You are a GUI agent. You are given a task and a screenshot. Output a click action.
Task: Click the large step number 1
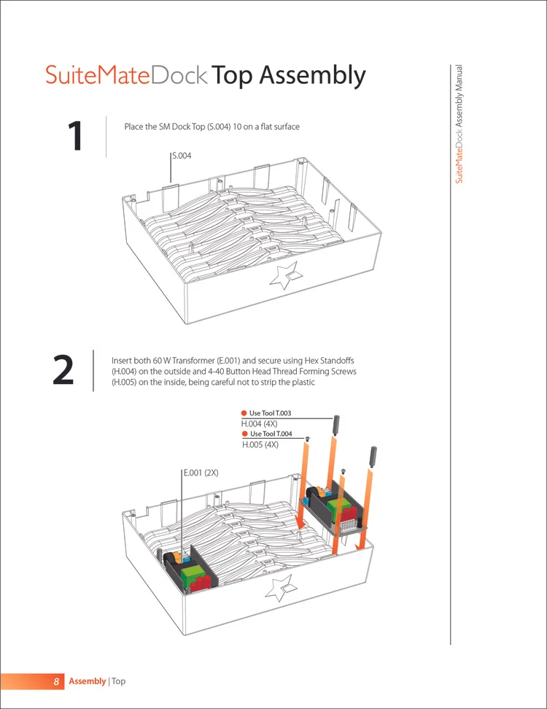coord(75,137)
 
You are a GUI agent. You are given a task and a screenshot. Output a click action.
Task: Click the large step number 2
coord(63,372)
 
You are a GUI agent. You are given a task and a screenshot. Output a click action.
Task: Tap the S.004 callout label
coord(182,156)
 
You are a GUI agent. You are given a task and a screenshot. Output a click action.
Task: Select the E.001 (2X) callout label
coord(201,472)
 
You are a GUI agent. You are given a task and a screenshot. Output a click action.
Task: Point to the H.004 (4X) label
coord(259,424)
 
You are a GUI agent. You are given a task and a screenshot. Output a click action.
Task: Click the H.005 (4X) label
coord(260,444)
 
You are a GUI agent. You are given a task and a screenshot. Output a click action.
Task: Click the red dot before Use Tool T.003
coord(244,413)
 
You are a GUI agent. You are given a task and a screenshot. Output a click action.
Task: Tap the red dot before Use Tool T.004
coord(245,434)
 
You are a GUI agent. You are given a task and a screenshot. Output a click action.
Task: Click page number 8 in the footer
coord(55,681)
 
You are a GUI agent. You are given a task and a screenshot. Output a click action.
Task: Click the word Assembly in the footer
coord(87,681)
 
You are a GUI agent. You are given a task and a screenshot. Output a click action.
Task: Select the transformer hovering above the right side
coord(333,509)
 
